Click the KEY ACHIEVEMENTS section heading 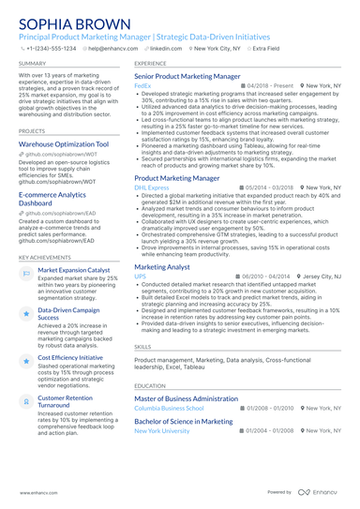(x=43, y=256)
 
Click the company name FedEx (x=142, y=84)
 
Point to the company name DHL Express (x=151, y=187)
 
